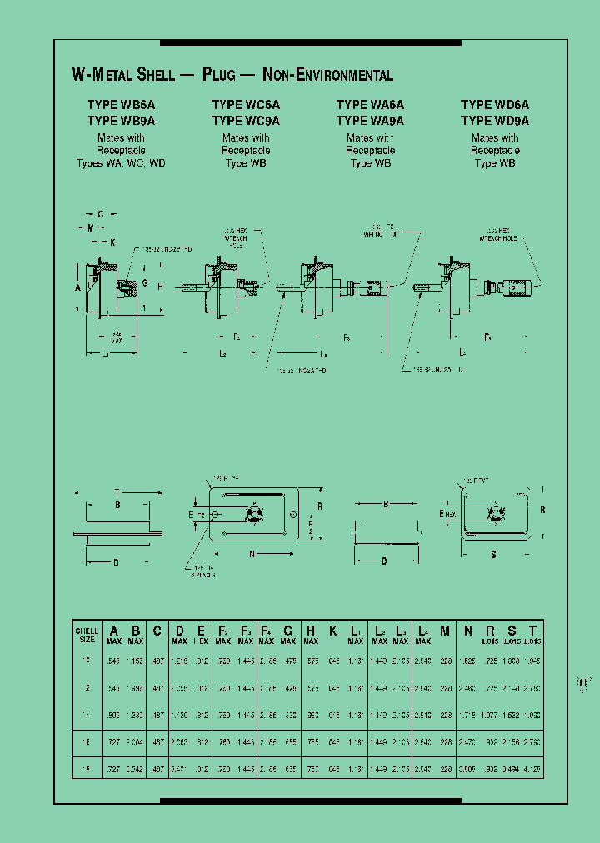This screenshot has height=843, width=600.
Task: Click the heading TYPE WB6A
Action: (121, 105)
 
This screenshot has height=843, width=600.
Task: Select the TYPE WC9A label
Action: (246, 120)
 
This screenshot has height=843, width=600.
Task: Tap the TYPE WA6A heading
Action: (370, 105)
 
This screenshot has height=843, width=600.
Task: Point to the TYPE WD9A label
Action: (495, 120)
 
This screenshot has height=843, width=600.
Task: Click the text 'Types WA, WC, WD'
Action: (121, 163)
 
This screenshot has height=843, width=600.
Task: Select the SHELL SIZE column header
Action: (87, 635)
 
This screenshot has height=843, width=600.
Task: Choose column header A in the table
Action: (115, 631)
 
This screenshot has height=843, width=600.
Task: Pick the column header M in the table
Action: (445, 631)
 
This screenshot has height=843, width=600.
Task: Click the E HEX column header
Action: (201, 635)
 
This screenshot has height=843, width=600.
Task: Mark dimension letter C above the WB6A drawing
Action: (100, 214)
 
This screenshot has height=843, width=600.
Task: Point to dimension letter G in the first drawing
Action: (144, 284)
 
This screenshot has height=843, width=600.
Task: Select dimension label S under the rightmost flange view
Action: (494, 552)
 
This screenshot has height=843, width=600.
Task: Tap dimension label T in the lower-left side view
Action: (117, 492)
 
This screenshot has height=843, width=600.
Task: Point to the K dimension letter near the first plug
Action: (112, 242)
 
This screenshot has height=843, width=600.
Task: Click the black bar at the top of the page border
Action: (310, 42)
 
